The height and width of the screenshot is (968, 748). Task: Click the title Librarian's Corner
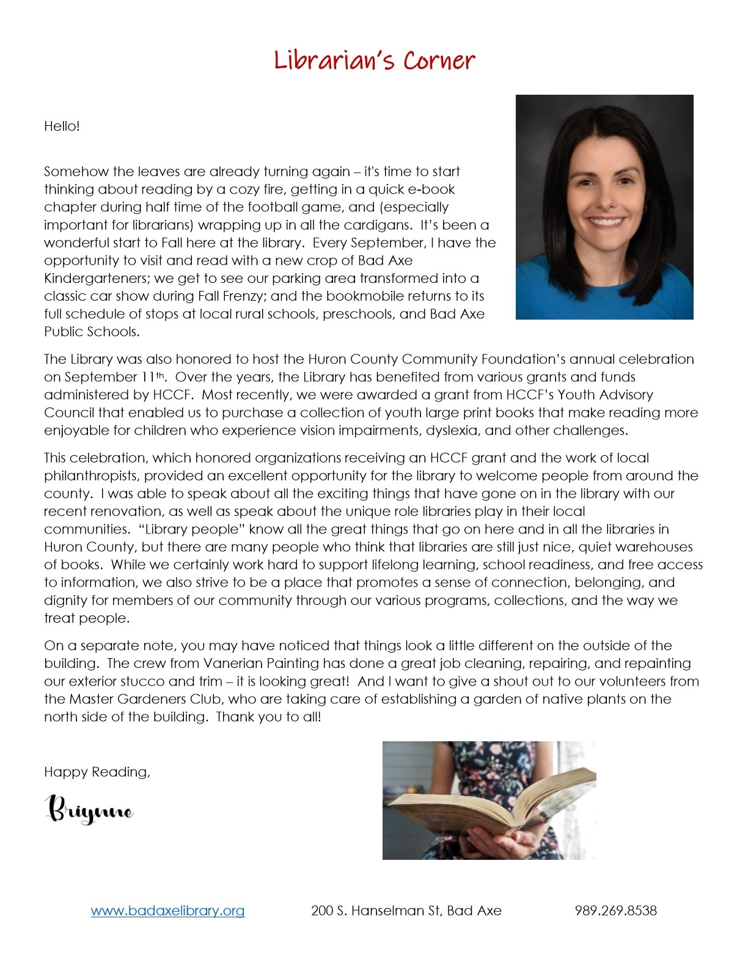[x=374, y=61]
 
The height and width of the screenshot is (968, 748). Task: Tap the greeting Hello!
[x=62, y=127]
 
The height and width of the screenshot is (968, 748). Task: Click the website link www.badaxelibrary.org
[x=167, y=911]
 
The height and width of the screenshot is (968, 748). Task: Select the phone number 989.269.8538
[x=615, y=911]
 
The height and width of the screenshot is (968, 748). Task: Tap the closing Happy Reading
[x=97, y=772]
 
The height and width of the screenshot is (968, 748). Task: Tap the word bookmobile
[x=364, y=296]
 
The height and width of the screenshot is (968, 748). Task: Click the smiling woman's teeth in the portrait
[x=606, y=221]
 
